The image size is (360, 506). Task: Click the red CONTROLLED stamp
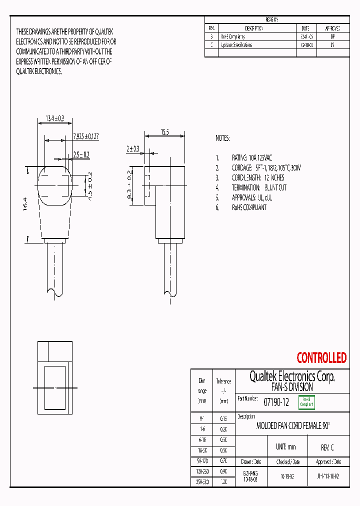click(321, 358)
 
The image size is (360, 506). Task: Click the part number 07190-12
click(276, 401)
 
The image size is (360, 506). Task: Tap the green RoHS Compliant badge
click(306, 402)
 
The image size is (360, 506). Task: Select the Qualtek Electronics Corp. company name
click(292, 376)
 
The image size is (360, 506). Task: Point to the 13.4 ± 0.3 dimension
click(55, 118)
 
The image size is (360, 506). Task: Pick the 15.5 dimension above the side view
click(164, 132)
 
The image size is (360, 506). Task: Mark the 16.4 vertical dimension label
click(25, 205)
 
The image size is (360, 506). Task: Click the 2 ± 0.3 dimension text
click(133, 148)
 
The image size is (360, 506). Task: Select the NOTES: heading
click(222, 138)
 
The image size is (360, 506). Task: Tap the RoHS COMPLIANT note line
click(249, 207)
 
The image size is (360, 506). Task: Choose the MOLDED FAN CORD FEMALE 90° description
click(293, 426)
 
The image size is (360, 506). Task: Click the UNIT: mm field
click(285, 447)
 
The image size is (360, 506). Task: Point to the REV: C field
click(327, 447)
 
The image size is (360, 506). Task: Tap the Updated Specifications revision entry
click(236, 45)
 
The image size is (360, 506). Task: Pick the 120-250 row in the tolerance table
click(202, 471)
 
